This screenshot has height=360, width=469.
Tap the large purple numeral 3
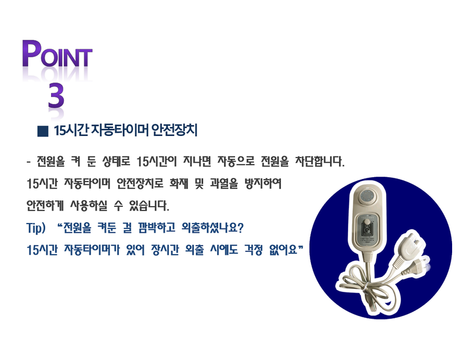[x=56, y=97]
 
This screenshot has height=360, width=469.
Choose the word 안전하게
[x=47, y=207]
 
